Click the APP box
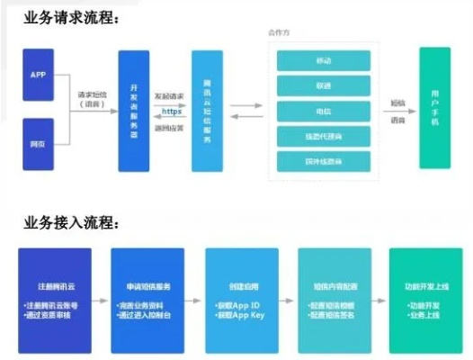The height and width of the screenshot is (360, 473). click(38, 75)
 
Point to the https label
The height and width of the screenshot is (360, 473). click(171, 112)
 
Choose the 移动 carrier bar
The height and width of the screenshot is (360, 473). click(324, 60)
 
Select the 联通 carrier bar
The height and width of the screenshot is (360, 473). click(324, 85)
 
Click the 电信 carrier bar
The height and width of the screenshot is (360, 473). click(324, 111)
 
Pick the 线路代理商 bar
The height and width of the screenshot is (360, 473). click(324, 136)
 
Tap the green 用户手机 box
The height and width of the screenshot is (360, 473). click(435, 108)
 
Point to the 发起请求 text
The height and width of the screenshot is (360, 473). click(170, 94)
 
